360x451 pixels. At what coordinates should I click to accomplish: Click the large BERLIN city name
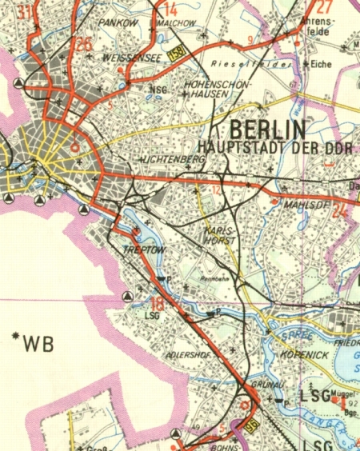267,130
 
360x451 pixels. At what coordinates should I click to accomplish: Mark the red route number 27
302,6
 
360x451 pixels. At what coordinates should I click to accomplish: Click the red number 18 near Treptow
158,303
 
